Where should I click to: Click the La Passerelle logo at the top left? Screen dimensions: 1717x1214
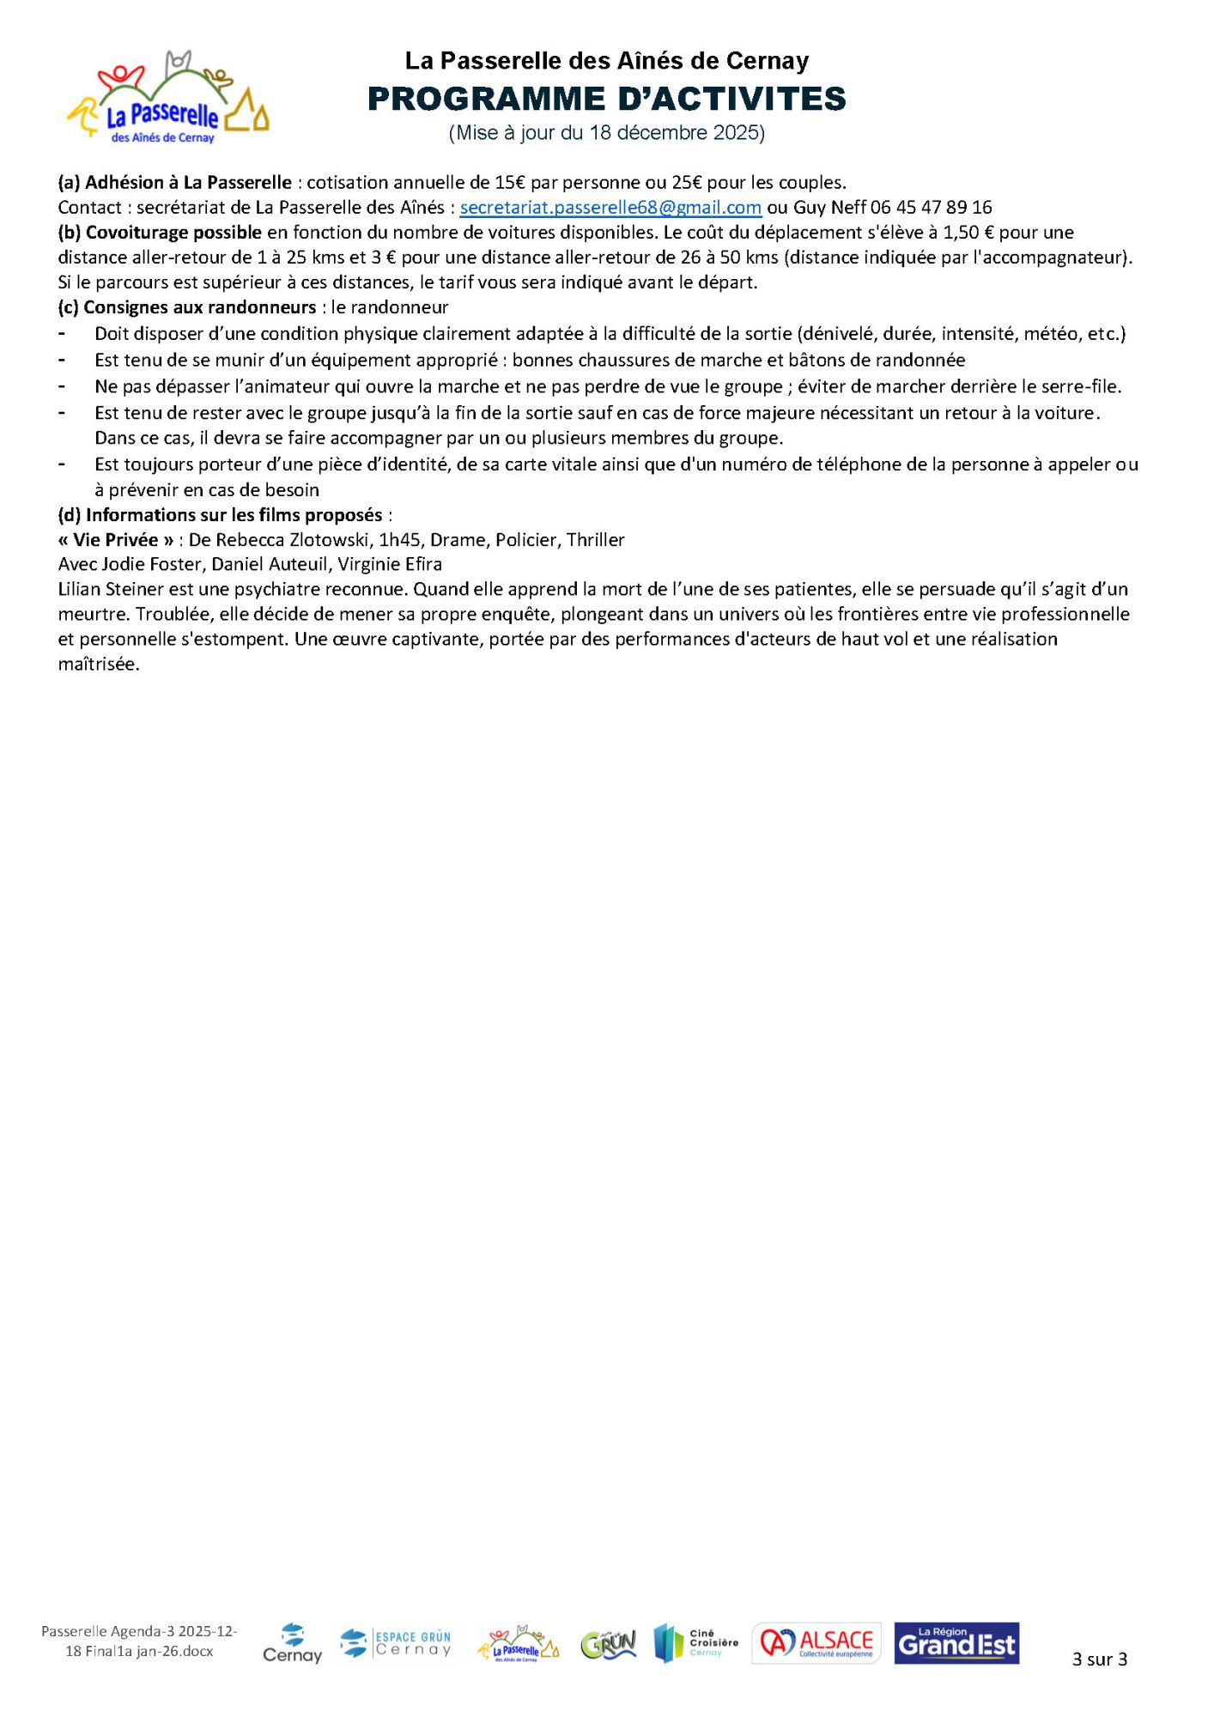click(x=168, y=99)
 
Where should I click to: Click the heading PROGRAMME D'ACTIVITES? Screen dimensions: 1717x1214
click(x=606, y=99)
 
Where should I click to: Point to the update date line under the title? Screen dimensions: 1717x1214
click(x=606, y=133)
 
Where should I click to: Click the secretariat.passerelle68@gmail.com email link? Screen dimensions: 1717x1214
click(x=610, y=207)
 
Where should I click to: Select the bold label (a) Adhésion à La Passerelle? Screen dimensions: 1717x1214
click(x=175, y=182)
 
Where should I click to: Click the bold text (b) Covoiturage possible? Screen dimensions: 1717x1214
click(x=160, y=232)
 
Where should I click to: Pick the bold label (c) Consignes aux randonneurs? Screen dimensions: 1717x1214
click(x=187, y=307)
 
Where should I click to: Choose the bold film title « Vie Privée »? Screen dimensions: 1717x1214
click(x=116, y=540)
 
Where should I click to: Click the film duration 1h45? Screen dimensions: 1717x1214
click(x=399, y=540)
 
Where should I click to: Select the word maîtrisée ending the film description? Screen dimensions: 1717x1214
click(x=99, y=664)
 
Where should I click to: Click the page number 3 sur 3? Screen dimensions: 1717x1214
click(x=1099, y=1659)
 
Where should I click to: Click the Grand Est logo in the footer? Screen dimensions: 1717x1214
click(x=956, y=1643)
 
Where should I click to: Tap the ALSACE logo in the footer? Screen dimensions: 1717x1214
click(x=816, y=1643)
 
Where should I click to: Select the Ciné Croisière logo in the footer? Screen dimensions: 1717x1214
click(x=695, y=1643)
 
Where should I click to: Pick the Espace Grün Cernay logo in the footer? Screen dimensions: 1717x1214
click(x=396, y=1643)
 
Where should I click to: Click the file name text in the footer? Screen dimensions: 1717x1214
click(x=139, y=1641)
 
